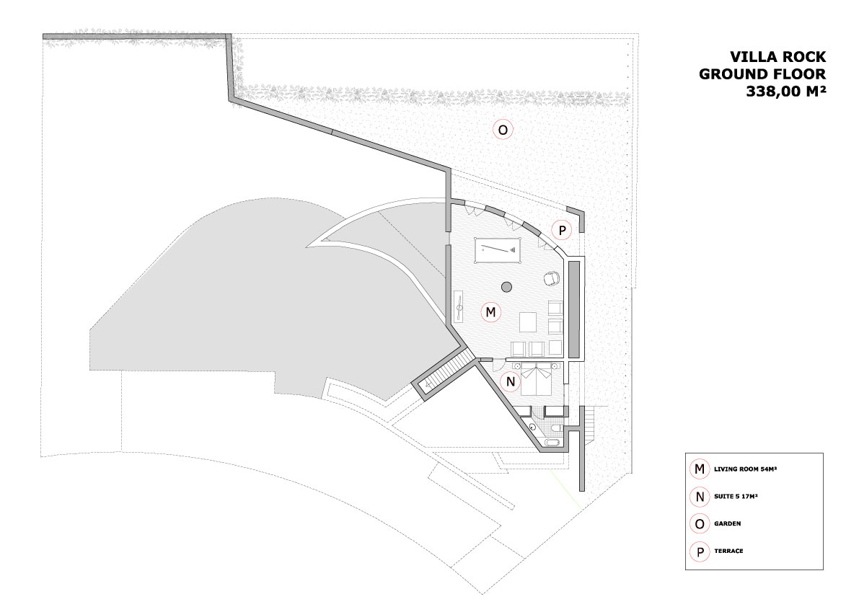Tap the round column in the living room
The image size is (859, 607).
[x=507, y=286]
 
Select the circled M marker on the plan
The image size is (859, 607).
[x=491, y=312]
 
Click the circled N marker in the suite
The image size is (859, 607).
[x=511, y=381]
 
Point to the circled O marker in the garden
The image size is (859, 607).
[x=503, y=130]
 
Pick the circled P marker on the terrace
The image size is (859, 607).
[x=562, y=231]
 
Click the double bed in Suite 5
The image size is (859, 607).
[x=536, y=378]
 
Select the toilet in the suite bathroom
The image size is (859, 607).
[x=555, y=426]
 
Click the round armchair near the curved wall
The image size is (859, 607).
[x=551, y=278]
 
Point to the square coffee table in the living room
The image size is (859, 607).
[x=529, y=322]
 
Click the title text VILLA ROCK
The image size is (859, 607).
[x=777, y=56]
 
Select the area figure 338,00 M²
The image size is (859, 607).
[x=785, y=92]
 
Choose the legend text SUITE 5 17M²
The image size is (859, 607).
[x=736, y=497]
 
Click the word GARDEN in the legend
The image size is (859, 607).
[x=727, y=524]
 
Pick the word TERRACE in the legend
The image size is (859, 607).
[x=728, y=551]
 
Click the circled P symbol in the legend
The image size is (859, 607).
[x=700, y=551]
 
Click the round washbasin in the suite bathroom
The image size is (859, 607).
[x=532, y=427]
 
